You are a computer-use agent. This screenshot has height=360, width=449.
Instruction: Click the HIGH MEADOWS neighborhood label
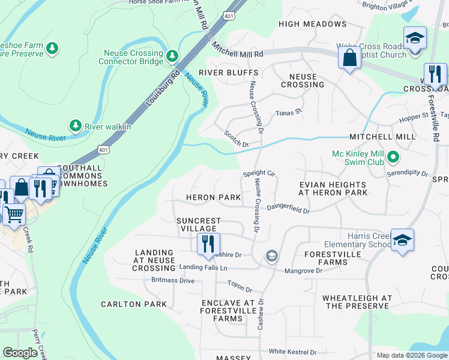tap(313, 24)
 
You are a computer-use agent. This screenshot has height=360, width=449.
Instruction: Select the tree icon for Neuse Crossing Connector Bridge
tap(172, 56)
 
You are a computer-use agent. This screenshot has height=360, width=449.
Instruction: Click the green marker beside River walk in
tap(75, 125)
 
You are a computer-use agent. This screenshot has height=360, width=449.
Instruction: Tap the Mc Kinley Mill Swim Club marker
tap(393, 158)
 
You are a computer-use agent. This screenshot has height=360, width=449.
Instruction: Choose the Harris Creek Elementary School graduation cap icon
tap(402, 239)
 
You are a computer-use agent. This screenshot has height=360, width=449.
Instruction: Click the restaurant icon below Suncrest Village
tap(208, 244)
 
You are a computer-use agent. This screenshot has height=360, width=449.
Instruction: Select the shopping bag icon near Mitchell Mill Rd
tap(349, 59)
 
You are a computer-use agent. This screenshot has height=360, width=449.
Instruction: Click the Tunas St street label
tap(288, 113)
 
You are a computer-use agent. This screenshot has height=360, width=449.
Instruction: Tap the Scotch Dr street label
tap(236, 139)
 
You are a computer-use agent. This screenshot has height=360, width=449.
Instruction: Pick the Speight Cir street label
tap(258, 173)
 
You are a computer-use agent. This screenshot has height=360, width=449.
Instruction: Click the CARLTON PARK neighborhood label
tap(133, 304)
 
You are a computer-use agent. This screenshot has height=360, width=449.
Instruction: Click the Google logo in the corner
tap(20, 353)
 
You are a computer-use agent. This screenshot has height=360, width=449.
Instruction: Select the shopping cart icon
tap(13, 214)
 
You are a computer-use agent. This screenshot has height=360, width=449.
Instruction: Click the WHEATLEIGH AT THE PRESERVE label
tap(358, 302)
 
